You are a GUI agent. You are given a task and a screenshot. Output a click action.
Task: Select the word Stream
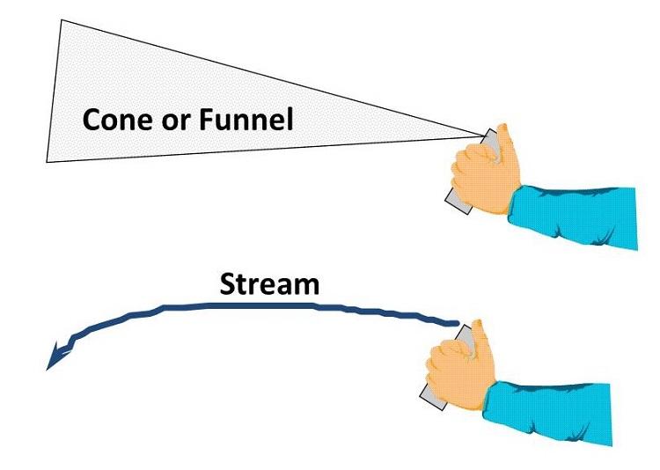pos(268,284)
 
